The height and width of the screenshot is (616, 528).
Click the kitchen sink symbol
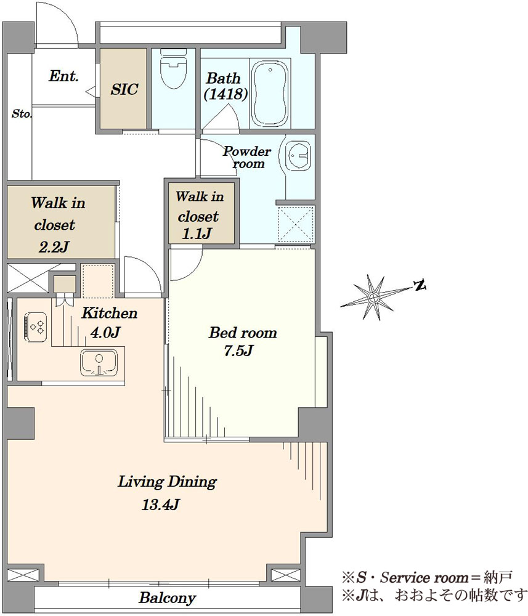[x=99, y=362]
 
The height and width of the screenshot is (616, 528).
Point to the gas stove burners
[x=35, y=325]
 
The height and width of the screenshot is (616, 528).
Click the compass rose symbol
[x=373, y=298]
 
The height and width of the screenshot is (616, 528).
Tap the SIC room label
[x=124, y=89]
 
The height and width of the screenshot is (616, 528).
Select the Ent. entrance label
[x=63, y=77]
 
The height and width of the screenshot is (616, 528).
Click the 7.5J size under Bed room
[x=242, y=351]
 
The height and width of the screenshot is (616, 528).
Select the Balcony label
[x=167, y=598]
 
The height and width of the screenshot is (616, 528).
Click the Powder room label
[x=246, y=157]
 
